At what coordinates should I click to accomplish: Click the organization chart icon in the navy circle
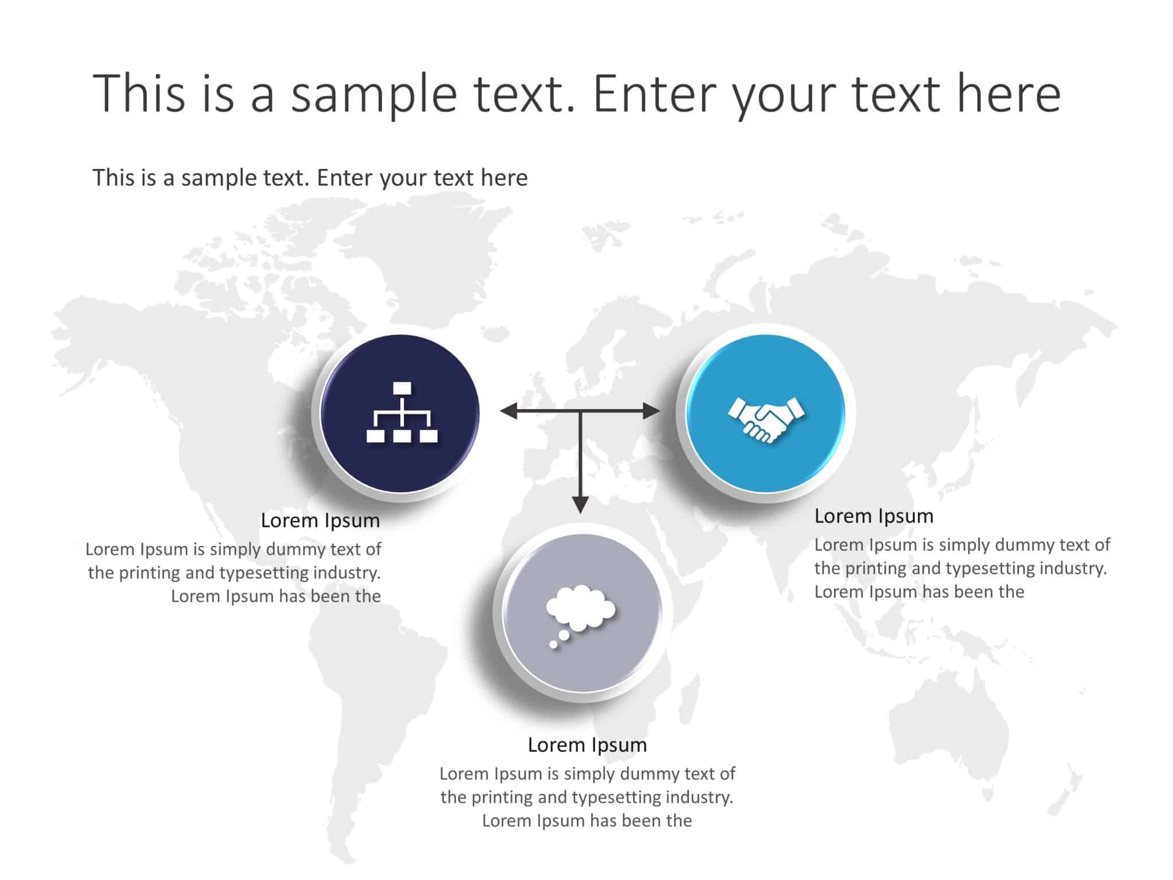pyautogui.click(x=402, y=412)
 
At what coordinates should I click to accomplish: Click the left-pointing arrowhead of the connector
pyautogui.click(x=509, y=411)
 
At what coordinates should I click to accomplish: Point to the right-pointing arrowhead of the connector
pyautogui.click(x=651, y=411)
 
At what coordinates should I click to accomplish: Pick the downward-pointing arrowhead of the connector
pyautogui.click(x=580, y=505)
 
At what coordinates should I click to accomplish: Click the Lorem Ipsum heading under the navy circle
pyautogui.click(x=320, y=520)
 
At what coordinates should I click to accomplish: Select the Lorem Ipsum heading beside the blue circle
pyautogui.click(x=874, y=516)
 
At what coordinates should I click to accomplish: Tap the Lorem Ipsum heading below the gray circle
pyautogui.click(x=587, y=745)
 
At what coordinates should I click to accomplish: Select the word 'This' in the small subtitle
pyautogui.click(x=113, y=178)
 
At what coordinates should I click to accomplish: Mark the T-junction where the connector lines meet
pyautogui.click(x=580, y=411)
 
